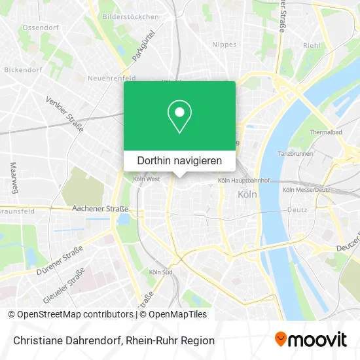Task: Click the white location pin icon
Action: pyautogui.click(x=179, y=117)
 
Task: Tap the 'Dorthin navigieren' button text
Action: pyautogui.click(x=179, y=160)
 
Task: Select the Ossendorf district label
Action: pyautogui.click(x=41, y=28)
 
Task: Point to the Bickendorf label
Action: pyautogui.click(x=23, y=68)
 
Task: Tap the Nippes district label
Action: pyautogui.click(x=225, y=45)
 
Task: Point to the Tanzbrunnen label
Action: pyautogui.click(x=294, y=154)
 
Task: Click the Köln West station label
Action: pyautogui.click(x=145, y=179)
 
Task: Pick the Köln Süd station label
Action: pyautogui.click(x=160, y=272)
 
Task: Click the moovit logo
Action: pyautogui.click(x=311, y=340)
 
